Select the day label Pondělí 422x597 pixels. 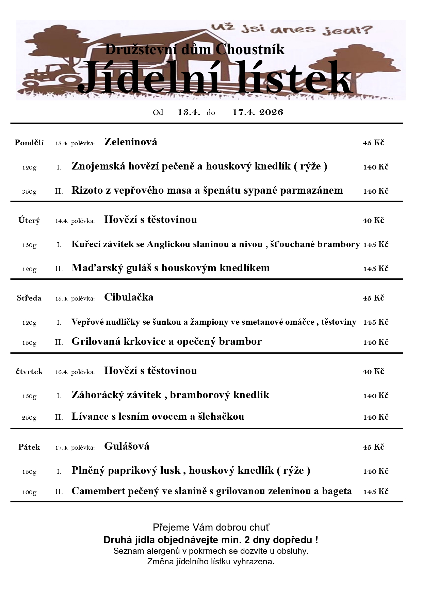[x=29, y=143]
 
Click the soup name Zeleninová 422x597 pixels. [x=131, y=142]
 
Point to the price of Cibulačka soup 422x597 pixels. [x=373, y=298]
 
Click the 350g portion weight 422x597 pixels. [x=29, y=192]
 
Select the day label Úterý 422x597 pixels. [x=29, y=221]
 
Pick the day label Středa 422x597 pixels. [x=29, y=298]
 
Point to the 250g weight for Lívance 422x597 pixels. [x=29, y=418]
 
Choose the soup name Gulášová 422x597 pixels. [x=127, y=446]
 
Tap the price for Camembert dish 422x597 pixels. [x=376, y=492]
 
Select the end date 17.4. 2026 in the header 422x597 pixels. [x=258, y=112]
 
